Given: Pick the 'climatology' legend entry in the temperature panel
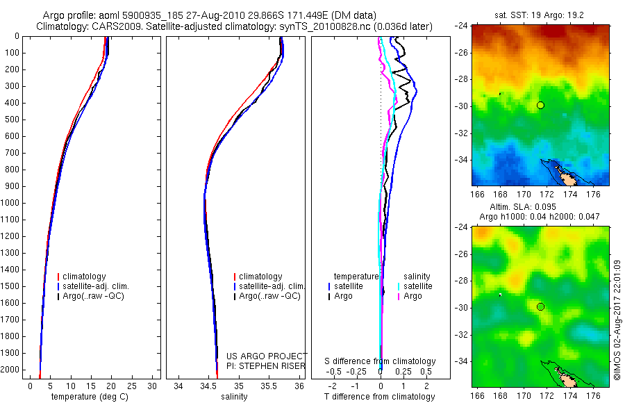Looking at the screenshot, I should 86,277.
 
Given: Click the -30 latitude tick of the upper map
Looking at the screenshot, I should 462,106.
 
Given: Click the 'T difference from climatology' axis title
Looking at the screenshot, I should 381,397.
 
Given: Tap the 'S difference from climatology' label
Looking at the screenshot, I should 380,361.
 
